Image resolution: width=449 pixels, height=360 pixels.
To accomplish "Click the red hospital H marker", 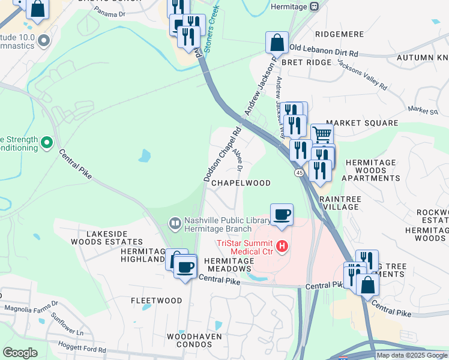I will [280, 246].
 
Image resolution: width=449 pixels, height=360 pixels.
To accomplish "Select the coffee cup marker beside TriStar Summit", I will [281, 214].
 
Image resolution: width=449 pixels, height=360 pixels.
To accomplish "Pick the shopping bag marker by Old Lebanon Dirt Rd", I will [277, 43].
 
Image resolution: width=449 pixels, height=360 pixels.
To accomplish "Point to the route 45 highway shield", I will [298, 173].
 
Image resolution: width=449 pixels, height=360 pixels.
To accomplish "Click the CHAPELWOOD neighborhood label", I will [241, 183].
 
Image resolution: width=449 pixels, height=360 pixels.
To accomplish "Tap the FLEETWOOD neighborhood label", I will [157, 300].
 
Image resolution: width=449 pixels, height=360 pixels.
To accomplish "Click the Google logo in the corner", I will [20, 353].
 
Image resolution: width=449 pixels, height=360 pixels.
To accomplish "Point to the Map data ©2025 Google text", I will [412, 355].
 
